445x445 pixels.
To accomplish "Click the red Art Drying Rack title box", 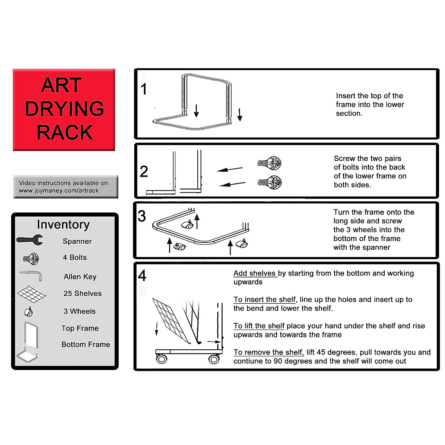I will click(64, 109).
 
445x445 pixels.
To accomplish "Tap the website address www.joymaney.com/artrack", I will click(59, 191).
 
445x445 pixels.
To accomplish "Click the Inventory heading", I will click(63, 225).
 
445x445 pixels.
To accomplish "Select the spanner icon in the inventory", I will click(30, 240).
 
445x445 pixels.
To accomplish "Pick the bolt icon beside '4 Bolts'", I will click(31, 258).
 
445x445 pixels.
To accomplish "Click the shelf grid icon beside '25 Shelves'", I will click(31, 294).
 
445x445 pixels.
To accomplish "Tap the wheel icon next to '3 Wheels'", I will click(29, 312).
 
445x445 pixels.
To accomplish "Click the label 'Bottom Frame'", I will click(86, 345).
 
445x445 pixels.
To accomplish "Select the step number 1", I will click(144, 89).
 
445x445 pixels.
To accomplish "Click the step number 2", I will click(144, 171).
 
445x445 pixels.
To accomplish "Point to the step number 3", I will click(142, 216).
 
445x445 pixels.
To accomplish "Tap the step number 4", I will click(142, 276).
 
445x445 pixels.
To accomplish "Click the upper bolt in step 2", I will click(270, 162).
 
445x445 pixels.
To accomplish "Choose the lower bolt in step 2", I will click(270, 182).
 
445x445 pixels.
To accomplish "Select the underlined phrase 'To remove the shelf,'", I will click(268, 352).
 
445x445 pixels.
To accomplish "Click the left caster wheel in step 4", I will click(162, 359).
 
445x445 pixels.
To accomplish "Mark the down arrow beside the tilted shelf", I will click(156, 329).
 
